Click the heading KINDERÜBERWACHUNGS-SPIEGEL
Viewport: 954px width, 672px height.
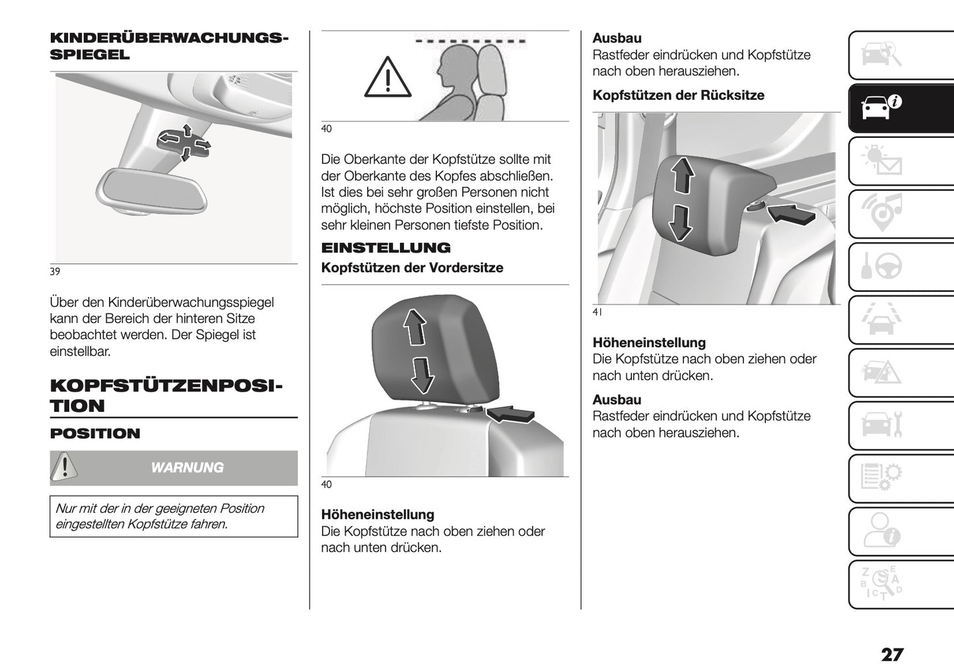tap(168, 46)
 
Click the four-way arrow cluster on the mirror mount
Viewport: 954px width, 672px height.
tap(186, 141)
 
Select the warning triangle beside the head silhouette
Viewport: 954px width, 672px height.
tap(388, 78)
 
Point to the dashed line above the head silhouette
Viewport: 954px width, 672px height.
tap(471, 41)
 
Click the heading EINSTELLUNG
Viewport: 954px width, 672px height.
tap(386, 248)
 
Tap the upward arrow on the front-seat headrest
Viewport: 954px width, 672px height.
tap(415, 327)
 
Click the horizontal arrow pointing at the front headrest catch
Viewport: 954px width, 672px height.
tap(511, 413)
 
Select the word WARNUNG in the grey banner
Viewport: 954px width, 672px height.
tap(187, 468)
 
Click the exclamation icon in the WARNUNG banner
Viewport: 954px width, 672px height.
tap(64, 467)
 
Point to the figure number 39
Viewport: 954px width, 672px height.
tap(55, 271)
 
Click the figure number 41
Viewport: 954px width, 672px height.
tap(597, 313)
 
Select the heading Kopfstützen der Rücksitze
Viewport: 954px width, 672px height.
tap(678, 96)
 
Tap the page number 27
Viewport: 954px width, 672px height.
tap(892, 655)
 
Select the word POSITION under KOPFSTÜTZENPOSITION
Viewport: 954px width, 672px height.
tap(95, 434)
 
